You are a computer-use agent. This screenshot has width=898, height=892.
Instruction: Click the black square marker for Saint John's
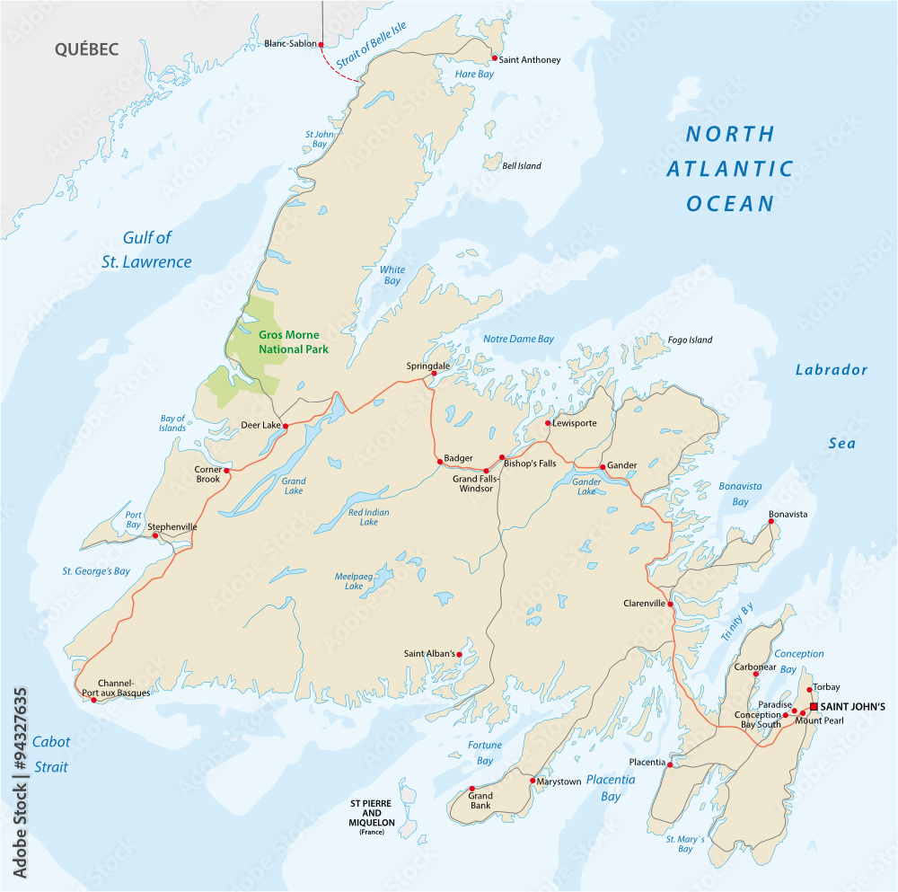(x=814, y=706)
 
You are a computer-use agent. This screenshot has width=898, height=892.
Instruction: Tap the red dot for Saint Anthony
(x=494, y=58)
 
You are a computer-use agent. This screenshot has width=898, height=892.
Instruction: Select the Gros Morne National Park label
(x=294, y=341)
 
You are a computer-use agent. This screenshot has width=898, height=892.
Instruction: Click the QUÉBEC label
(x=86, y=49)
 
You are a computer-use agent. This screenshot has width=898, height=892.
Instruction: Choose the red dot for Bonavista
(x=770, y=522)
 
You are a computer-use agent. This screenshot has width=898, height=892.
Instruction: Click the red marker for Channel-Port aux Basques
(x=93, y=700)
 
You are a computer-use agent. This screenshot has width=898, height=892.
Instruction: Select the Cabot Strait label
(x=50, y=755)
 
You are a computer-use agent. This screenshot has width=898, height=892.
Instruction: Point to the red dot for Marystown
(x=532, y=781)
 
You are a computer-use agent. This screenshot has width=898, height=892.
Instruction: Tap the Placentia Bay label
(x=611, y=788)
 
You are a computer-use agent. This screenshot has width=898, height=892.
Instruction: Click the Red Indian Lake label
(x=369, y=517)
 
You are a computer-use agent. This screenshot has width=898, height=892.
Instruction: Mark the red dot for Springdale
(x=434, y=374)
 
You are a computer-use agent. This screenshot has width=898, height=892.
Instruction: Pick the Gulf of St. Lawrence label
(x=157, y=250)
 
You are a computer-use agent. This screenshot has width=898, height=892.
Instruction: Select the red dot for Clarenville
(x=671, y=605)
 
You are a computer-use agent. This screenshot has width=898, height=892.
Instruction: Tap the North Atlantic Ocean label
(x=730, y=169)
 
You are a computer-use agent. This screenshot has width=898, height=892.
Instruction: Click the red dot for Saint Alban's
(x=459, y=654)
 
